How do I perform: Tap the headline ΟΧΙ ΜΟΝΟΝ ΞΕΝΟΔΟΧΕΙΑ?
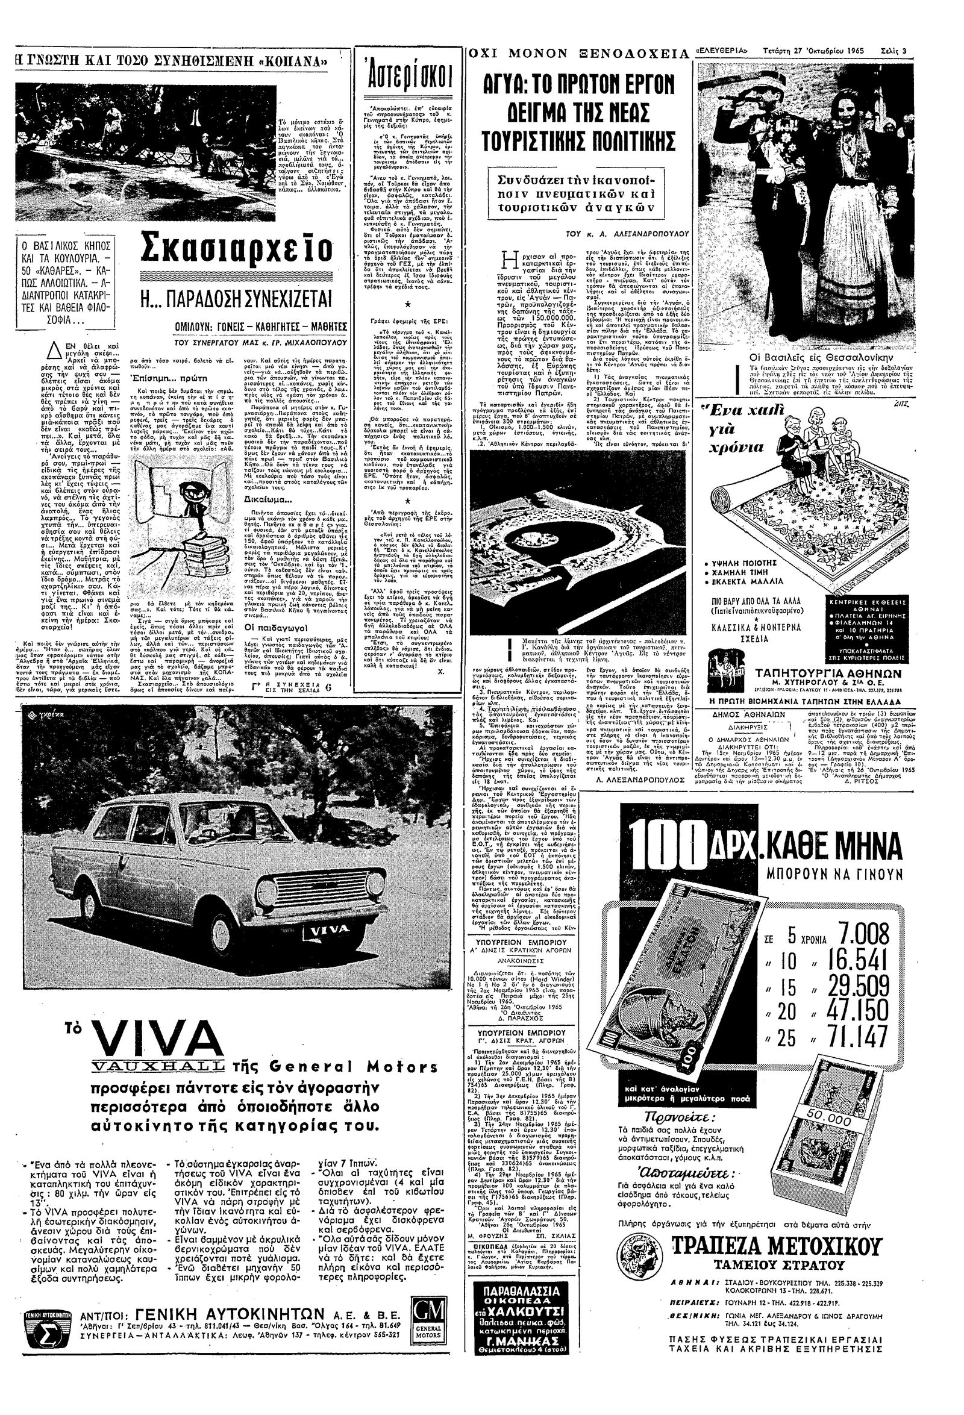coord(578,54)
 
